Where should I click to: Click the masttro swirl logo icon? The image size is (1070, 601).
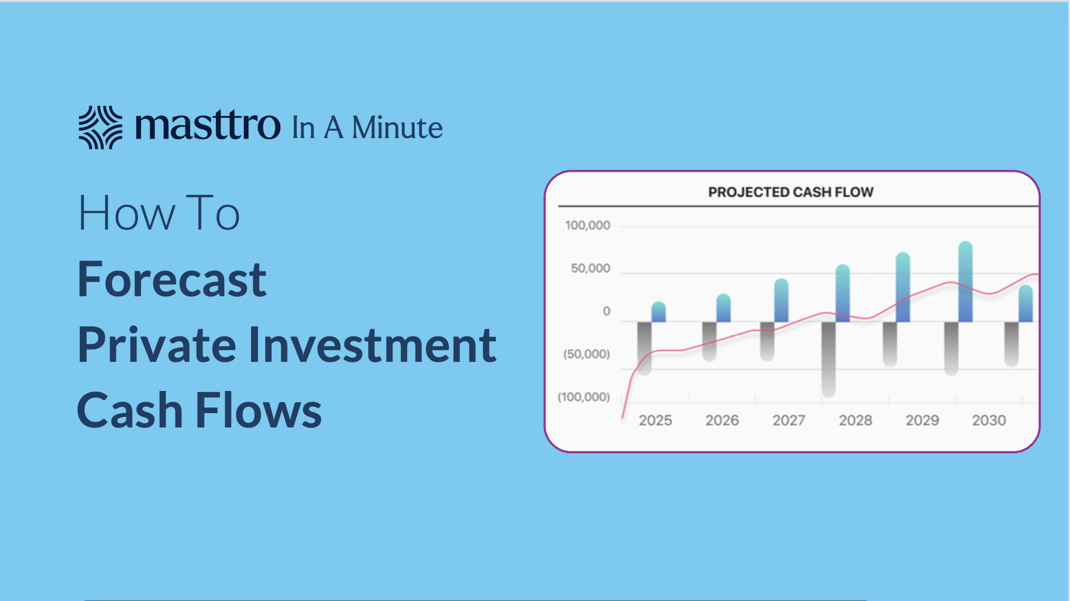click(x=100, y=127)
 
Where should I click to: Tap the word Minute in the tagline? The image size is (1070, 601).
click(x=397, y=128)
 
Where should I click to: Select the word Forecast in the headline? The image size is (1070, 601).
click(x=172, y=279)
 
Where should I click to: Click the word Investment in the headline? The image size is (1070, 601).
click(x=372, y=344)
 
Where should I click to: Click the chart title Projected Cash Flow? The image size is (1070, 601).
click(x=791, y=192)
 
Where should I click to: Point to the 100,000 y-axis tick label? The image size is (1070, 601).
click(x=587, y=225)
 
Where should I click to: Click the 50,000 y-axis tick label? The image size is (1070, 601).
click(x=590, y=268)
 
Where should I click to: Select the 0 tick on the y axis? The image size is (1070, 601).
click(x=606, y=311)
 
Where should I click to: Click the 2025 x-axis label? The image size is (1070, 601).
click(x=655, y=420)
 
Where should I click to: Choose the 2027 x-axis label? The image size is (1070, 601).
click(x=788, y=420)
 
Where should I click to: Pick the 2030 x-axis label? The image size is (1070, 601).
click(x=989, y=420)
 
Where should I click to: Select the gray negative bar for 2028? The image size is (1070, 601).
click(x=828, y=359)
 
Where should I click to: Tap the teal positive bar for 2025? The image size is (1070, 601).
click(x=659, y=312)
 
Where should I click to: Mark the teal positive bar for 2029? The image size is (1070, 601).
click(x=903, y=287)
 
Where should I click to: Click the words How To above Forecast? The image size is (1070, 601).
click(x=159, y=213)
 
